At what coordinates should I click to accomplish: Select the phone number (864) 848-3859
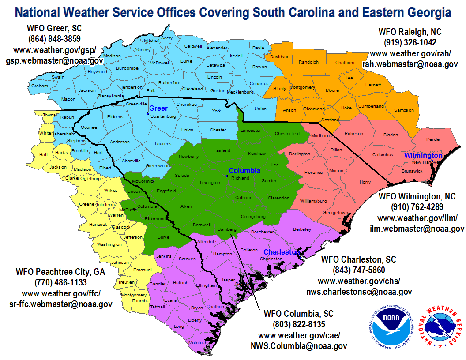tap(55, 38)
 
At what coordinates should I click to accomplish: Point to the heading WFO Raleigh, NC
tap(410, 32)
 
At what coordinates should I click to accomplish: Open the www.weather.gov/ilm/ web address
tap(417, 217)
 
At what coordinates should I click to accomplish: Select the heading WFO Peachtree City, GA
tap(60, 271)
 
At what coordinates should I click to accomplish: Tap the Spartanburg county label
tap(163, 116)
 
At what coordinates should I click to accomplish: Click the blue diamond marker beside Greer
tap(148, 113)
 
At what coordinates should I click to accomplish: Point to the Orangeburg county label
tap(253, 217)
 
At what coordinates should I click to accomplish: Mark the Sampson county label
tap(404, 110)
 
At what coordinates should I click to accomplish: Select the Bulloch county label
tap(180, 282)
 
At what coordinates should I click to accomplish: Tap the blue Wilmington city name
tap(423, 156)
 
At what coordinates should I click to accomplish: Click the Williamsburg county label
tap(313, 201)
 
